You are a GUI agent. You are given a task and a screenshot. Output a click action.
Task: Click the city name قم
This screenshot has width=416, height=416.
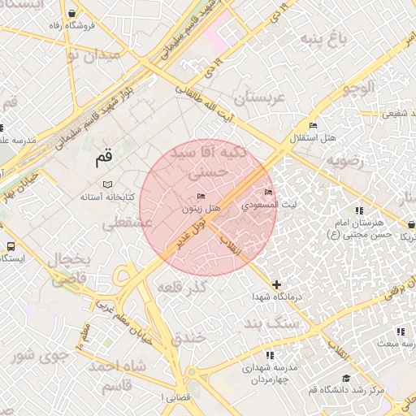[x=102, y=159]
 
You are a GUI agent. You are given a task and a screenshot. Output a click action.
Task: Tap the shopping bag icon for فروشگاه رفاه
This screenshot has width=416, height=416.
[x=75, y=14]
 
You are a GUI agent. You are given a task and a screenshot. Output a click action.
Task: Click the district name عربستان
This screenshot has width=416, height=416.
[x=262, y=98]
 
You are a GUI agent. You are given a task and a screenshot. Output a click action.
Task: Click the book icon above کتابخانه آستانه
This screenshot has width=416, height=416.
[x=107, y=185]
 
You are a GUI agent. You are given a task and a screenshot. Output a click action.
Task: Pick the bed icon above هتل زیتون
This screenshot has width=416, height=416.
[x=202, y=197]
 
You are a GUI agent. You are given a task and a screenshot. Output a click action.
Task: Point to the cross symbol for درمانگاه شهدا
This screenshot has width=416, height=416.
[x=278, y=284]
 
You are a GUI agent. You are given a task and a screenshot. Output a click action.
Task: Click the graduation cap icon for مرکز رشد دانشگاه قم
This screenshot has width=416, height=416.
[x=347, y=379]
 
